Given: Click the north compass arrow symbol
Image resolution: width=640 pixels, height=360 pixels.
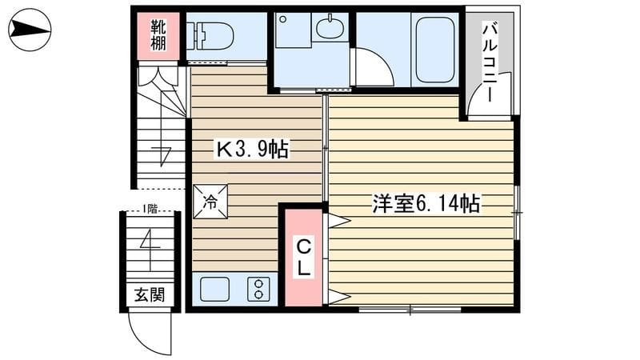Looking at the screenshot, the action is point(30,30).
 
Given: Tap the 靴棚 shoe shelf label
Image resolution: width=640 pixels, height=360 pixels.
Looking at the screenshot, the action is point(158,34).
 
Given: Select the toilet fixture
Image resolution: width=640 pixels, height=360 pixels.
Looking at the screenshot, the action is point(210,36).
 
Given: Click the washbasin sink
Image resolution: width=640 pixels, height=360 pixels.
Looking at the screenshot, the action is point(330,27).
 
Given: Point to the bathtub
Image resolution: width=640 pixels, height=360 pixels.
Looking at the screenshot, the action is point(435,50).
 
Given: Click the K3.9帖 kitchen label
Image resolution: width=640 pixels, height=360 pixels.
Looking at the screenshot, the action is point(253,149).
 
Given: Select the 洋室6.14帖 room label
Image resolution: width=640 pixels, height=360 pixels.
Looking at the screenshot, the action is point(426,203).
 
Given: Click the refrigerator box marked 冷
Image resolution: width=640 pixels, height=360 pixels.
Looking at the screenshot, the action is point(210,202).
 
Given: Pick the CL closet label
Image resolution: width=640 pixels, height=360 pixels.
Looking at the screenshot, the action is point(304,257).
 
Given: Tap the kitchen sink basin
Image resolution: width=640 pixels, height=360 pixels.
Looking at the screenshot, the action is point(214,289).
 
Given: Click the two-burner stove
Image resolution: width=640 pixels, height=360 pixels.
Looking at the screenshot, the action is point(258,289).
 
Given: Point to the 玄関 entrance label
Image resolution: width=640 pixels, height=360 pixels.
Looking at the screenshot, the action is point(150,294).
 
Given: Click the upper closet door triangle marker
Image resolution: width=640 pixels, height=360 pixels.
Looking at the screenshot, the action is point(339,221).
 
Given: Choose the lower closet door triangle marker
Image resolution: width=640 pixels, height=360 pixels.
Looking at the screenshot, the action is point(339,297).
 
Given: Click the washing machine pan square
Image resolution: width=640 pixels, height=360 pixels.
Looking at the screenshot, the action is point(293,30).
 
